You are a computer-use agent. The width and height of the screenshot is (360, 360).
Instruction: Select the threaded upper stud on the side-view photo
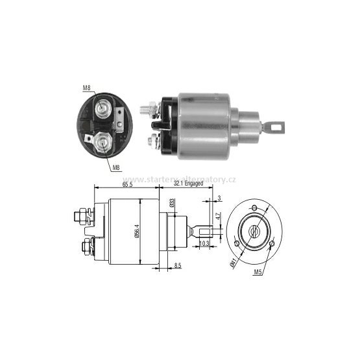pyautogui.click(x=148, y=104)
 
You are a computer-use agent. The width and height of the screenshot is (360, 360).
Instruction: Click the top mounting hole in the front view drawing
pyautogui.click(x=254, y=208)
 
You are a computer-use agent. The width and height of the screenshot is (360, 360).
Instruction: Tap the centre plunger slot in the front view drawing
pyautogui.click(x=254, y=229)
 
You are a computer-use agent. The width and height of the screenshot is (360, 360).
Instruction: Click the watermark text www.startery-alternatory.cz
pyautogui.click(x=179, y=179)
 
